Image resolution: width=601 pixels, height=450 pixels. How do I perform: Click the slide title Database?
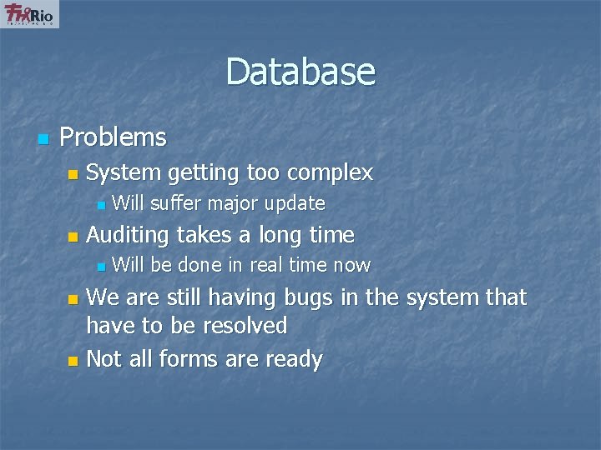tap(300, 72)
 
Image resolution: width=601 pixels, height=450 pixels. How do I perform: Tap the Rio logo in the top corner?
tap(31, 14)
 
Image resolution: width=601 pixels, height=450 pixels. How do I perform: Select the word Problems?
tap(114, 137)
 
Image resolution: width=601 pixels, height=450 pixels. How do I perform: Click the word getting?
tap(204, 173)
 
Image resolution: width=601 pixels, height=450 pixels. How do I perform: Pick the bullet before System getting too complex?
tap(72, 175)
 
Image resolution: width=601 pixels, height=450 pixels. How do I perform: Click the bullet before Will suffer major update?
tap(100, 204)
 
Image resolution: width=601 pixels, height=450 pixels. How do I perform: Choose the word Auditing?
tap(129, 236)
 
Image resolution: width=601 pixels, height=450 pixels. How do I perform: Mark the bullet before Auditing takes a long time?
tap(72, 237)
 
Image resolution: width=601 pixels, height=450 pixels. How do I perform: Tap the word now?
tap(351, 265)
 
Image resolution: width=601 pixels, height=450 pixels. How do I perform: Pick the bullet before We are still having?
tap(72, 299)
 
